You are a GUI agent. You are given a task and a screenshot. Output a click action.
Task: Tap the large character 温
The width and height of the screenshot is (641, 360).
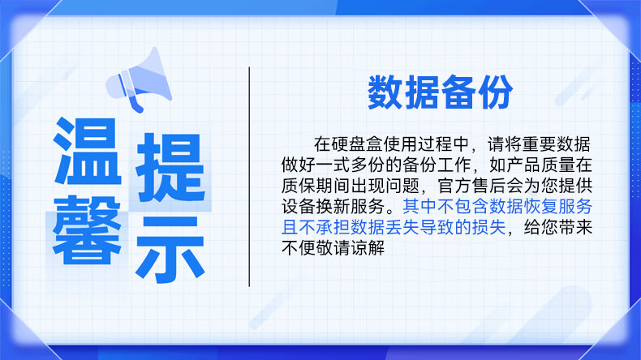[88, 151]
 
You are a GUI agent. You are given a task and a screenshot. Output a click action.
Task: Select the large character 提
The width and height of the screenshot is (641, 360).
[170, 167]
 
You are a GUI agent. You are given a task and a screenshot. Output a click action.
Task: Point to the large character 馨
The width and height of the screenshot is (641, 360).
[88, 229]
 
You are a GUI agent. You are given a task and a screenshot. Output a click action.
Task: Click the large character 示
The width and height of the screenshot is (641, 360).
[170, 249]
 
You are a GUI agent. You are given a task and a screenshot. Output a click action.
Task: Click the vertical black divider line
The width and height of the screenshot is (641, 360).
[249, 177]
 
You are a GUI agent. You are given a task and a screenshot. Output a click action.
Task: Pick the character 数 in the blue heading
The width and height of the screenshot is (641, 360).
[385, 92]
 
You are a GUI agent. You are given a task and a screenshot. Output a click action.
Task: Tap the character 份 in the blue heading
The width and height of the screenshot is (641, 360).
[496, 92]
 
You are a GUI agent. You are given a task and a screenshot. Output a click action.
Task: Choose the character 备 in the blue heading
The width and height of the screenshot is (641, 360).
[458, 92]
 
